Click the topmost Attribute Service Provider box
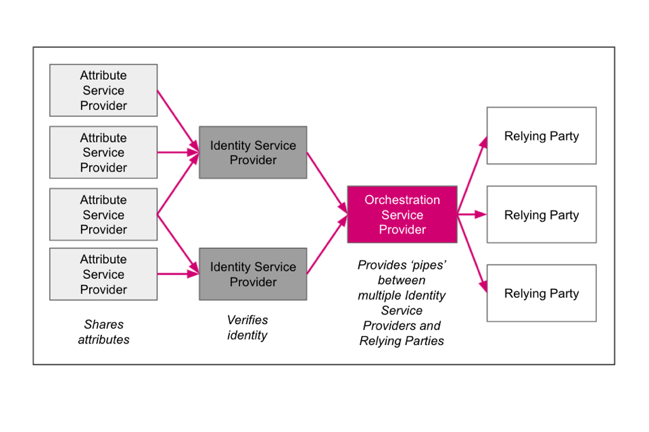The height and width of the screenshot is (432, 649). (x=103, y=90)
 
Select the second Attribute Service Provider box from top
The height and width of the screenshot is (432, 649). (x=103, y=153)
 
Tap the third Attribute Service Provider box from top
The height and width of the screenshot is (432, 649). (x=103, y=215)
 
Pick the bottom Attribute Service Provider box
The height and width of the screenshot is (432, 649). (x=103, y=274)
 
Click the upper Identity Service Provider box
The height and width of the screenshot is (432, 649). (x=253, y=153)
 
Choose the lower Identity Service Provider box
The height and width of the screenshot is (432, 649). (x=253, y=274)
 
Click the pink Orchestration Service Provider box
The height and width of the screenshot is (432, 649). (x=402, y=215)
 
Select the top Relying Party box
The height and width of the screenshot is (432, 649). (x=542, y=136)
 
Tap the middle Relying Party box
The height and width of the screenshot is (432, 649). (x=542, y=215)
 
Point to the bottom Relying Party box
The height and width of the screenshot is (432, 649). (x=542, y=293)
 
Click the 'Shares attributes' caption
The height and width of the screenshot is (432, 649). (x=103, y=332)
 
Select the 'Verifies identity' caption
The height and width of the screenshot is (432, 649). (x=247, y=327)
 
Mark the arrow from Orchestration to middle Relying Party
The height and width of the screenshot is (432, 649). (x=472, y=215)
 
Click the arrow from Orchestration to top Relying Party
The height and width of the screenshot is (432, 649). (x=472, y=176)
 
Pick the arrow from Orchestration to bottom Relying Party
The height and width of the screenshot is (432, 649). (x=472, y=252)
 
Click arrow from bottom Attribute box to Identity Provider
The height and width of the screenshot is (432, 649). (x=178, y=274)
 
